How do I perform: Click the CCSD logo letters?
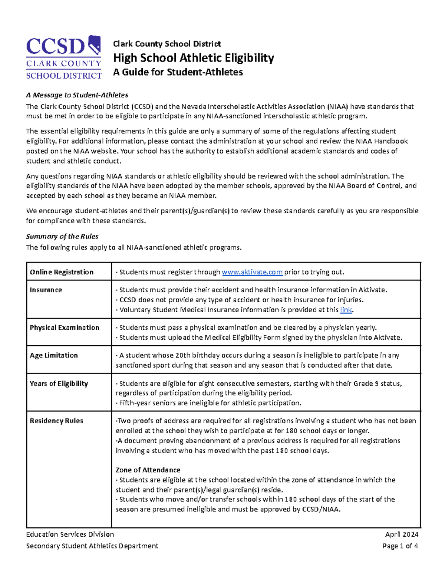click(x=56, y=47)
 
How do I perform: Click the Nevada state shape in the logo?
click(x=95, y=45)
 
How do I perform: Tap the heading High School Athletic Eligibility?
click(x=193, y=58)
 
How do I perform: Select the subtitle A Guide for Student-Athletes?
click(x=178, y=72)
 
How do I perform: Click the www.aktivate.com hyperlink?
click(x=252, y=272)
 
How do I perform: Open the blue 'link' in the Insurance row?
click(x=346, y=310)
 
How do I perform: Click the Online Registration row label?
click(x=62, y=272)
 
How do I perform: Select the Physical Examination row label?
click(x=65, y=328)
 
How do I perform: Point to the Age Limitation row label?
click(x=54, y=355)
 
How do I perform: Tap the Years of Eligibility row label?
click(x=59, y=384)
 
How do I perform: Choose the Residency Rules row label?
click(x=56, y=421)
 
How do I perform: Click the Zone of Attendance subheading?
click(x=148, y=470)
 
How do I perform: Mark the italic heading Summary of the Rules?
click(x=62, y=237)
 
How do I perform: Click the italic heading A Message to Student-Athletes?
click(x=77, y=95)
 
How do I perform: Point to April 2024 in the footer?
click(x=402, y=534)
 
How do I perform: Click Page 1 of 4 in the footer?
click(x=400, y=546)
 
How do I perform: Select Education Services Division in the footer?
click(x=70, y=534)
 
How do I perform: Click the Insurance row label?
click(x=46, y=290)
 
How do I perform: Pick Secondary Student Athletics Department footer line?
click(x=92, y=546)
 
